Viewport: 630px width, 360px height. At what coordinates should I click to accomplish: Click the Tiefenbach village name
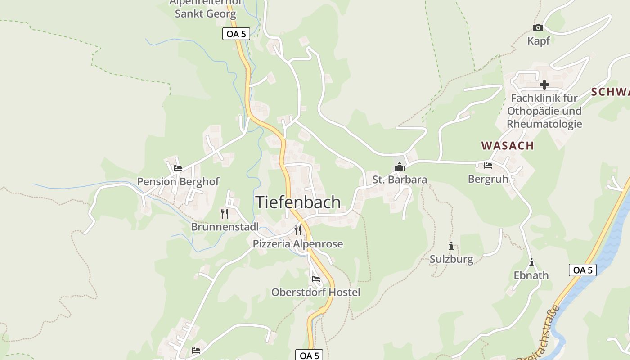click(x=298, y=202)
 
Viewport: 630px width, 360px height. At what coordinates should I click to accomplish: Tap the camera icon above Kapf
click(x=538, y=28)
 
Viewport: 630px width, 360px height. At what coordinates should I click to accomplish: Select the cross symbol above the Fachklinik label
click(x=544, y=85)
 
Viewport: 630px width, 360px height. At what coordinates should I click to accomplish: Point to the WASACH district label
click(x=507, y=145)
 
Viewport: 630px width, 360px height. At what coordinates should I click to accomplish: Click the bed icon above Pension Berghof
click(x=178, y=168)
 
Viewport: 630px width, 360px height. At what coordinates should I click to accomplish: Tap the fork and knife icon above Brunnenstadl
click(x=225, y=213)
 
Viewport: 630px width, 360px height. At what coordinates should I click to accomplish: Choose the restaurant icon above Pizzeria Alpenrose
click(x=297, y=230)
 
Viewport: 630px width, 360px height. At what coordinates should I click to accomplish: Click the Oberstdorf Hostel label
click(x=315, y=292)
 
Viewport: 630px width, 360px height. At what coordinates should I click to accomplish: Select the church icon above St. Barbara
click(x=399, y=167)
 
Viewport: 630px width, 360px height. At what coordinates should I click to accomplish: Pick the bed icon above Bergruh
click(x=488, y=166)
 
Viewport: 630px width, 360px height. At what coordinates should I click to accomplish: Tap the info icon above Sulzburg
click(x=451, y=246)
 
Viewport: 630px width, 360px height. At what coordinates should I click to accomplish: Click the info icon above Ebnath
click(x=531, y=262)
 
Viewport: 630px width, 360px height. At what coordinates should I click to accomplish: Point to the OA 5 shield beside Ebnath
click(x=583, y=270)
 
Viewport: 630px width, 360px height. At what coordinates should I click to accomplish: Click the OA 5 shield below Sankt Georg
click(x=236, y=34)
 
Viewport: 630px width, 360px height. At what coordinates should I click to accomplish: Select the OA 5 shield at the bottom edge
click(x=309, y=355)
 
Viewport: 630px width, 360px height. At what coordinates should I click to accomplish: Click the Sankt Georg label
click(x=205, y=13)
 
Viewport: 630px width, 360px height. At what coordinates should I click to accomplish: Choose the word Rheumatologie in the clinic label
click(x=544, y=124)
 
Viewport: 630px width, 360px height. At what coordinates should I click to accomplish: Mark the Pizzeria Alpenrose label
click(x=297, y=244)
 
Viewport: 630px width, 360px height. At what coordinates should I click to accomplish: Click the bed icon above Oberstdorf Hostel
click(x=315, y=279)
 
